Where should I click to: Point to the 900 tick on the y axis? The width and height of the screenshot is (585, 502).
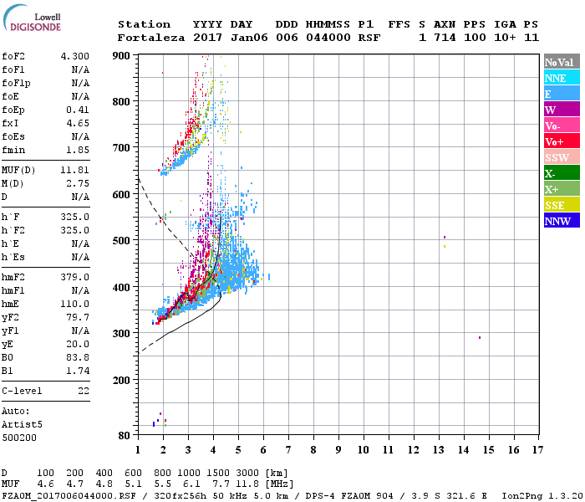tap(123, 55)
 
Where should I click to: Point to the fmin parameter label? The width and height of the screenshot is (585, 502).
tap(14, 150)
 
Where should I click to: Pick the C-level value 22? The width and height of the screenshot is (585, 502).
tap(84, 391)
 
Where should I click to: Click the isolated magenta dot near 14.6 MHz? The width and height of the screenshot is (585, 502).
tap(480, 337)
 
